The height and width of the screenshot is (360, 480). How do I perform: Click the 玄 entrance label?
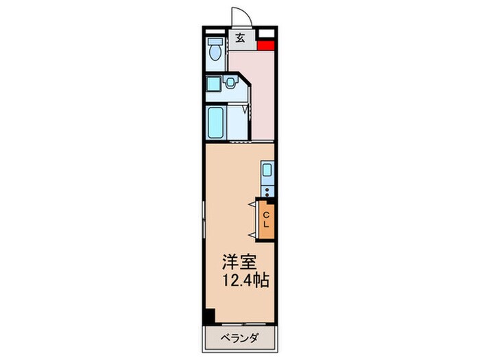coord(241,38)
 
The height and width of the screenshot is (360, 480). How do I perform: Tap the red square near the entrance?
coord(266,47)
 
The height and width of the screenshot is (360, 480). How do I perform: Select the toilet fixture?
coord(214,51)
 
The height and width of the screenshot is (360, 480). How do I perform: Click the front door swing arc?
coord(237,16)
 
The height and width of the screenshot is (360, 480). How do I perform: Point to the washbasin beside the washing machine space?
coord(231,83)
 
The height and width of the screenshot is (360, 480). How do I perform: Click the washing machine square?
coord(213,84)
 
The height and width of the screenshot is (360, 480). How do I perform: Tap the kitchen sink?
coord(267,171)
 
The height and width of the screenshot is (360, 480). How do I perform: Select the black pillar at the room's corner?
coord(209,317)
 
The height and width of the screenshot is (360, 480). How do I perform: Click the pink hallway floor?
coord(255,96)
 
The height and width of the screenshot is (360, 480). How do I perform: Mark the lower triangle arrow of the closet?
coord(252,235)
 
